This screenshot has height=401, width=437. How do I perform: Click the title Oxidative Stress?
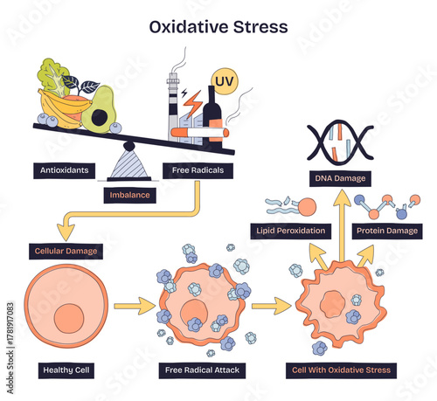click(218, 25)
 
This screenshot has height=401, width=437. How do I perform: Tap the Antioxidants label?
click(65, 170)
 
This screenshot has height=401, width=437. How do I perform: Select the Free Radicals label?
click(198, 170)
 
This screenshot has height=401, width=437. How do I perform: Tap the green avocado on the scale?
click(102, 109)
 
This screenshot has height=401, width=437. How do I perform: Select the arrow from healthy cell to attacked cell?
click(128, 305)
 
